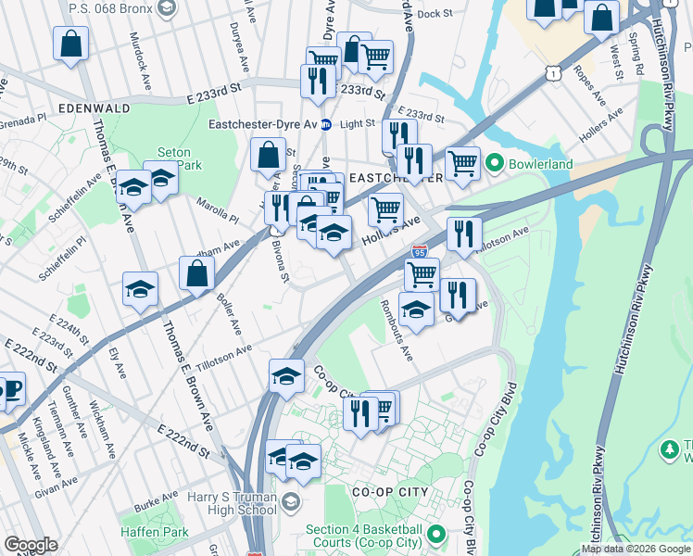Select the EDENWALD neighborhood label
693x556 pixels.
(x=93, y=108)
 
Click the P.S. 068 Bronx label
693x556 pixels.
(x=109, y=7)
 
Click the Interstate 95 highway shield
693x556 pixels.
(x=420, y=251)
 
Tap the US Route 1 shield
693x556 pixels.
(x=552, y=70)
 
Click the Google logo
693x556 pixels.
(x=31, y=545)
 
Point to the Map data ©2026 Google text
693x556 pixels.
(x=636, y=549)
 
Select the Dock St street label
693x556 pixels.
(x=435, y=14)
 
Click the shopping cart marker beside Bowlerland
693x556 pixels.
(x=462, y=164)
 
